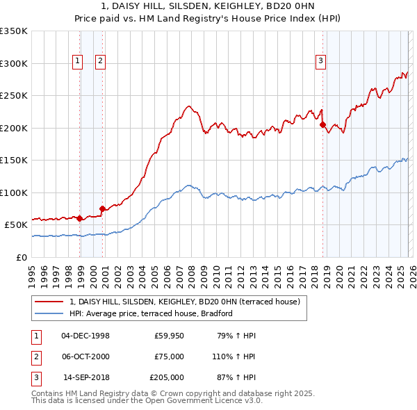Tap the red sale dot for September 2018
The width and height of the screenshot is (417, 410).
[x=322, y=125]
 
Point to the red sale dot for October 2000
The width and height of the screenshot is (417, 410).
[x=102, y=208]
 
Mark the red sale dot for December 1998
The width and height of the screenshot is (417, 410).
[x=79, y=218]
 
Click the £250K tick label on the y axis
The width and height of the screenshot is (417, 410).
[x=14, y=96]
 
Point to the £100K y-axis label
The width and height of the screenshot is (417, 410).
[x=14, y=192]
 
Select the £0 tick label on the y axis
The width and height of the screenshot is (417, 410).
[x=22, y=257]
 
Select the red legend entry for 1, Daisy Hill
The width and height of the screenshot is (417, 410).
[x=184, y=302]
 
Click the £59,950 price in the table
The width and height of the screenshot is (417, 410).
[x=169, y=336]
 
